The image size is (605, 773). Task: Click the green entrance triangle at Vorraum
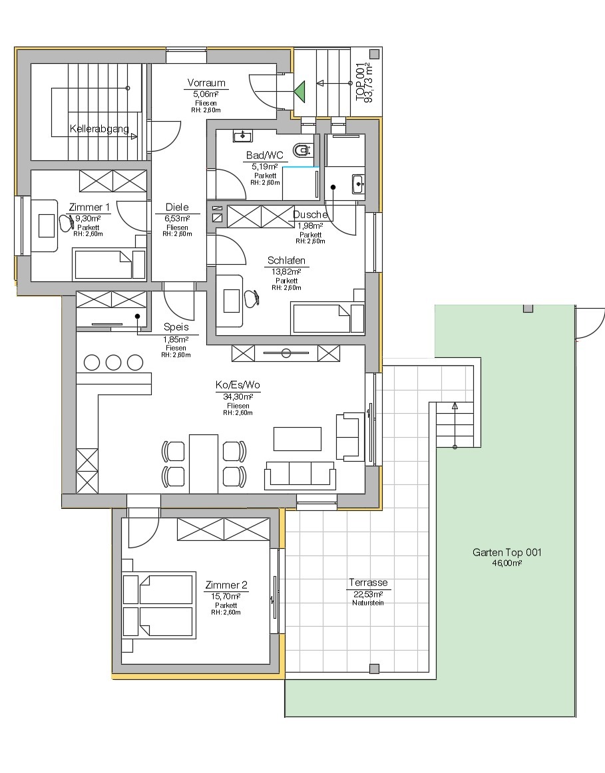click(x=300, y=91)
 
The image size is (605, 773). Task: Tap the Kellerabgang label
click(x=99, y=128)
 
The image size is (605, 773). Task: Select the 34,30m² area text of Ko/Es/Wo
click(x=238, y=397)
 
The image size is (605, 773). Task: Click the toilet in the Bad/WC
click(x=303, y=149)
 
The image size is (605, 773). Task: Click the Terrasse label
click(x=368, y=583)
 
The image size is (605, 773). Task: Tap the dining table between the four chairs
click(x=203, y=463)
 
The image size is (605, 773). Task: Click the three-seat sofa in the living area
click(x=300, y=474)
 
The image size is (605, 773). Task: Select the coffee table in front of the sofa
click(x=298, y=439)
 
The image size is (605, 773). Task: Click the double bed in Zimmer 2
click(x=158, y=605)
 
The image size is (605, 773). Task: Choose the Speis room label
click(x=176, y=327)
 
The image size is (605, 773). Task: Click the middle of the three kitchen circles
click(x=113, y=363)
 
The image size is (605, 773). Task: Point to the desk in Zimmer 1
click(x=46, y=226)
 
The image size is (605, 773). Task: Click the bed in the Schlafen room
click(x=327, y=318)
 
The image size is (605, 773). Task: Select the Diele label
click(x=176, y=208)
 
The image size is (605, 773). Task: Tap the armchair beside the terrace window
click(x=349, y=436)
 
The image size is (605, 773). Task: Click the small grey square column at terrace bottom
click(x=373, y=669)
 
